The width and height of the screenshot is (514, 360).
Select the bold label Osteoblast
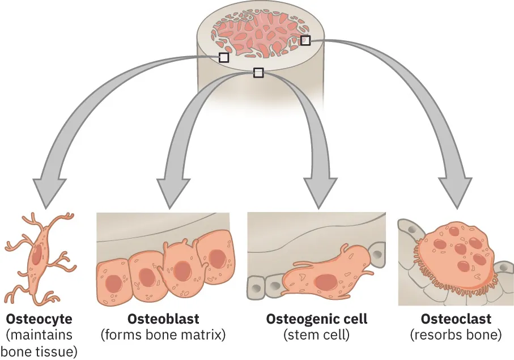163,319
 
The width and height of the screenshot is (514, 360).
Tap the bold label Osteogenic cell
317,319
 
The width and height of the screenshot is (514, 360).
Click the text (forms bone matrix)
163,335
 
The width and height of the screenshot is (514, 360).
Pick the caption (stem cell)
316,335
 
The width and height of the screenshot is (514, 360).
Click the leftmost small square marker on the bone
224,57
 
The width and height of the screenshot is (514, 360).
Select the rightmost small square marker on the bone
305,40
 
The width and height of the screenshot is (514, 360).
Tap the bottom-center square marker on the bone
258,73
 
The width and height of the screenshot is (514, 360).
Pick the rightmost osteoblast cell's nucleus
218,258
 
